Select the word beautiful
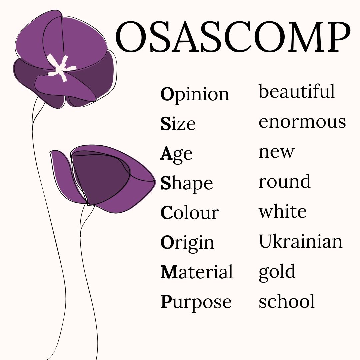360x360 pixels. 297,91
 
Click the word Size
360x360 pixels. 178,124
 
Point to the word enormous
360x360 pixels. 302,122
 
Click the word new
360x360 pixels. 276,152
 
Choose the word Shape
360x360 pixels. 187,184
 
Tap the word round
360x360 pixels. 285,181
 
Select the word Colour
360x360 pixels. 190,213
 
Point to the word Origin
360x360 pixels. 187,243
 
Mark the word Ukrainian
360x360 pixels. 301,241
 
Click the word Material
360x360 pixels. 197,272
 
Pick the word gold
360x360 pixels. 277,272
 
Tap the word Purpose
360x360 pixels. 196,303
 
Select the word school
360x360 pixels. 287,301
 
